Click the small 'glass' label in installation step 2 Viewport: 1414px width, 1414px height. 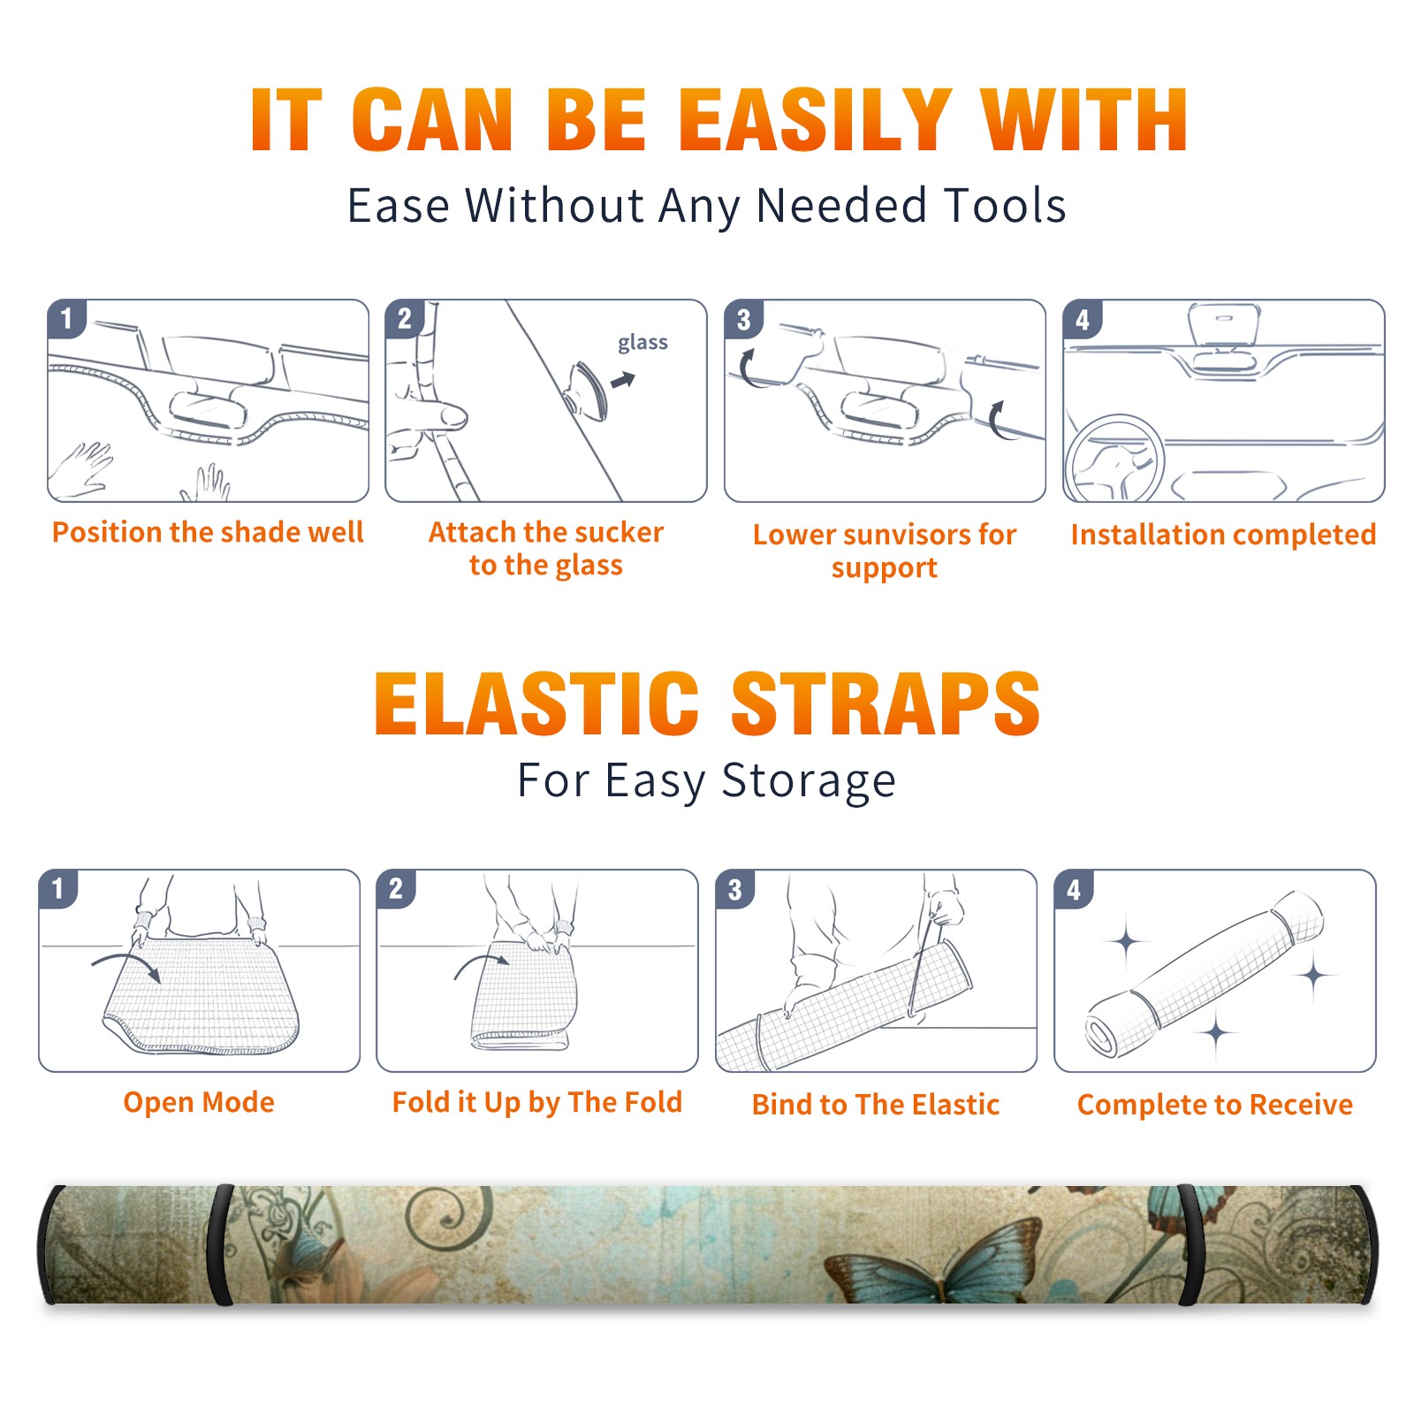pyautogui.click(x=642, y=343)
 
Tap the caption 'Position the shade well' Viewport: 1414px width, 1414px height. pyautogui.click(x=208, y=532)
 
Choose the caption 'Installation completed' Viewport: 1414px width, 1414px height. pyautogui.click(x=1223, y=534)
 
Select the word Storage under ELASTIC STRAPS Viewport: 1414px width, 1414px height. pyautogui.click(x=809, y=781)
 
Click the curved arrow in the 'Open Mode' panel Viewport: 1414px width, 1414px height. pyautogui.click(x=126, y=965)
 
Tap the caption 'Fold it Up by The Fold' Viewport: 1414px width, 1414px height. pyautogui.click(x=537, y=1102)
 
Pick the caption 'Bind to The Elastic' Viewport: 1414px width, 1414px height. pyautogui.click(x=875, y=1104)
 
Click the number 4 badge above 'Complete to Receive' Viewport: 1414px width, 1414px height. pyautogui.click(x=1074, y=889)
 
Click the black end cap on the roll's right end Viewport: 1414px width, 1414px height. pyautogui.click(x=1366, y=1244)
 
